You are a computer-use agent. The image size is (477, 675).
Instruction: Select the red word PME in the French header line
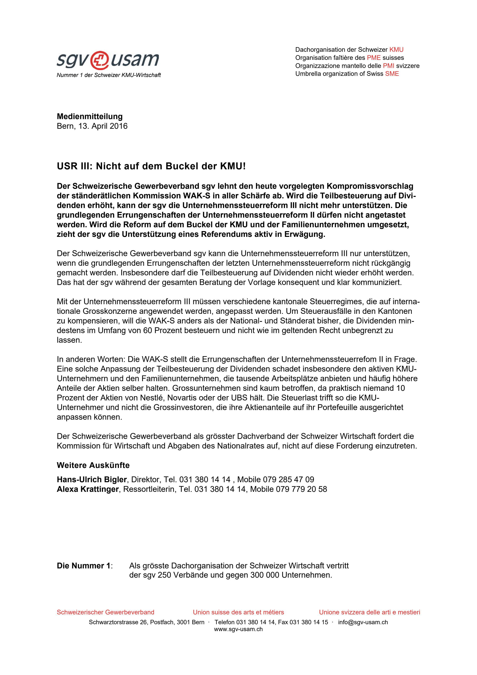(x=373, y=58)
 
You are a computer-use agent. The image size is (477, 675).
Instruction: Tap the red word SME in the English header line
(x=392, y=74)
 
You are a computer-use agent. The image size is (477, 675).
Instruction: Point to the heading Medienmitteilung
(x=90, y=116)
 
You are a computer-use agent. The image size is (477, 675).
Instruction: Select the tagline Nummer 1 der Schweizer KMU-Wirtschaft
(x=109, y=75)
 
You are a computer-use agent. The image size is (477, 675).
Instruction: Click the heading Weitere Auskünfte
(x=93, y=465)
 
